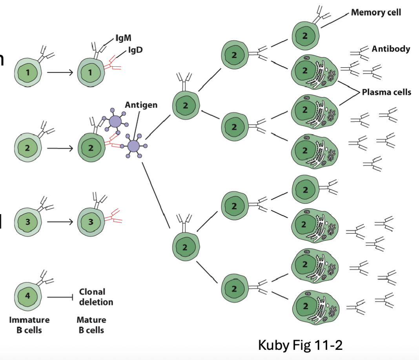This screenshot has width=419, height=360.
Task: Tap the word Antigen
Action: tap(141, 105)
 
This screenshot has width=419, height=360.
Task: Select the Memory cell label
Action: tap(376, 13)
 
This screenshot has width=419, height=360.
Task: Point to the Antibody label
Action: tap(391, 49)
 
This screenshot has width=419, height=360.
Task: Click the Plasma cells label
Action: tap(386, 92)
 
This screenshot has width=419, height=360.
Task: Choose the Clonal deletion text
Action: tap(96, 297)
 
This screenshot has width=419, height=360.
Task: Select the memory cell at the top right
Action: tap(305, 36)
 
